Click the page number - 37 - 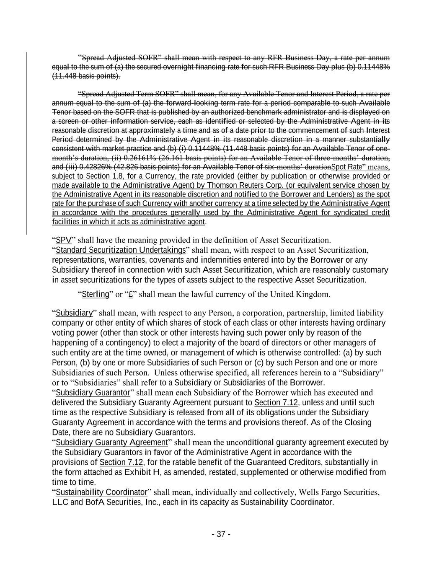click(x=221, y=534)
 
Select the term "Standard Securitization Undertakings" click(x=121, y=250)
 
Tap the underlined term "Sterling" click(x=95, y=294)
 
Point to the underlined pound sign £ click(x=130, y=294)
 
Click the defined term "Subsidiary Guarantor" click(x=93, y=393)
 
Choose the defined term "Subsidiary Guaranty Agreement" click(x=111, y=443)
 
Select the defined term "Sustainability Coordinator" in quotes click(x=101, y=492)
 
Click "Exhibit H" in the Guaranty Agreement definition click(x=142, y=472)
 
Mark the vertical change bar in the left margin click(x=26, y=142)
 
